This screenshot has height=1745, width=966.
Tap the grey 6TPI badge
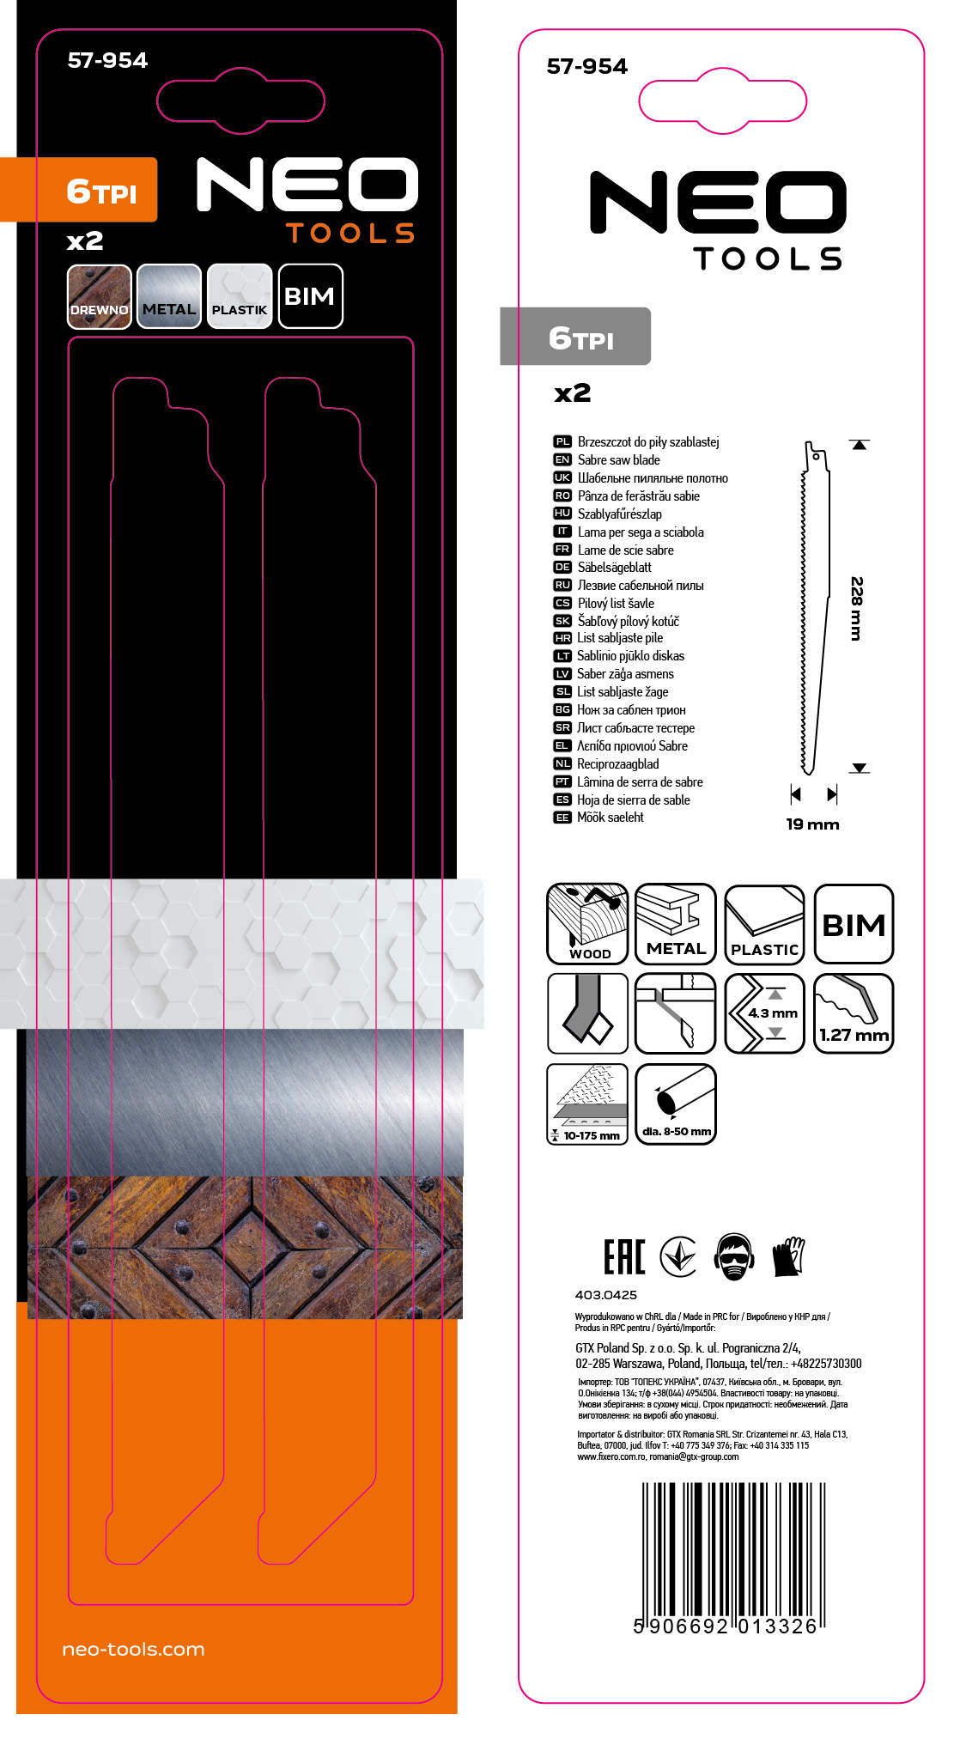[575, 337]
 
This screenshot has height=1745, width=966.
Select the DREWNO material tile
[100, 296]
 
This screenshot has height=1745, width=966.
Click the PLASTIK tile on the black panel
[240, 296]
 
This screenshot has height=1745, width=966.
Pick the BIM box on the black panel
[310, 296]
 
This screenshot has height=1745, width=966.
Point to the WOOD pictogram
[588, 924]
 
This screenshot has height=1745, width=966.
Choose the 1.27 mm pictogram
[854, 1013]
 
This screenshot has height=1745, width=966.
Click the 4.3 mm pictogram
[765, 1013]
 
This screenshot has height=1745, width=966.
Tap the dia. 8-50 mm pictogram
[676, 1104]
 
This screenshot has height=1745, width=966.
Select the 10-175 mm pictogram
[588, 1104]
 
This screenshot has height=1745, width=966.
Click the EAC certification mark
[624, 1257]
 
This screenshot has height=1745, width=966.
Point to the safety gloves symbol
[788, 1257]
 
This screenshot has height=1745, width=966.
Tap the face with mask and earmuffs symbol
[734, 1257]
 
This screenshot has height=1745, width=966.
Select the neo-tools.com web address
[133, 1650]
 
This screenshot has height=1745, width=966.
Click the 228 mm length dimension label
[856, 608]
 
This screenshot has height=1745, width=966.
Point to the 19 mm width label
[812, 824]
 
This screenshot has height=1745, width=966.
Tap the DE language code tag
[562, 567]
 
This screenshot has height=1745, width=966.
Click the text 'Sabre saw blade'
[619, 460]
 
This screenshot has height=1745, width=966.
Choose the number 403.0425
[606, 1295]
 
